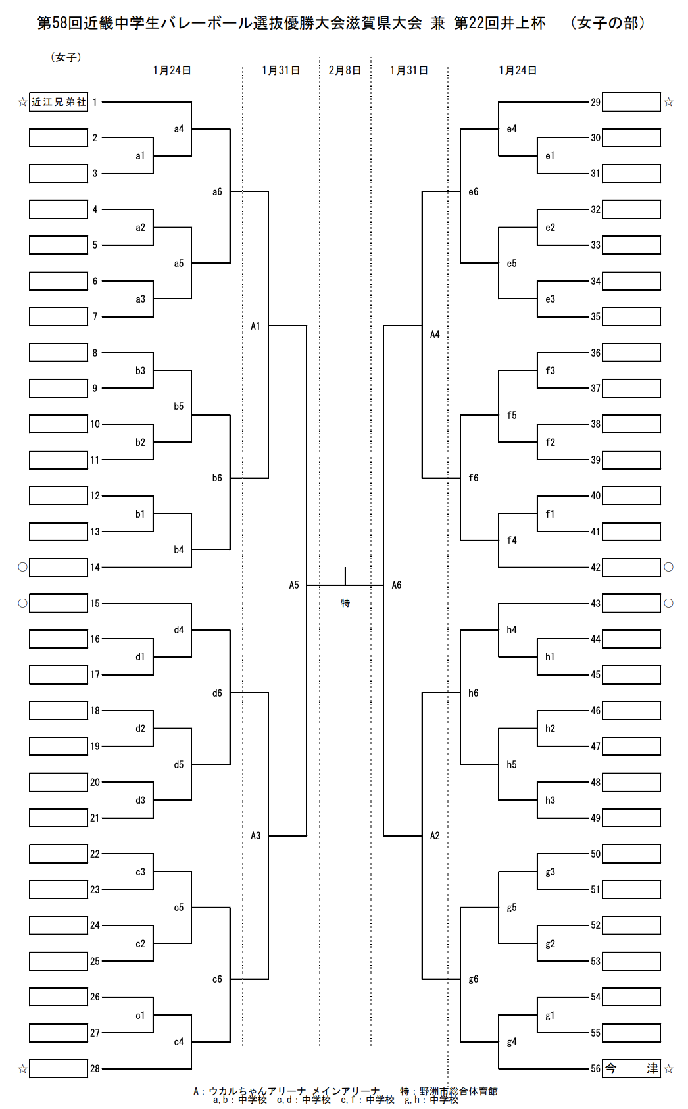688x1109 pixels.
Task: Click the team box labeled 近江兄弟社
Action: [x=59, y=102]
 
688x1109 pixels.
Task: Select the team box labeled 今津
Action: [x=631, y=1068]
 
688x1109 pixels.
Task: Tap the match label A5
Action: [x=294, y=585]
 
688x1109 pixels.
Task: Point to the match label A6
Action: [x=397, y=585]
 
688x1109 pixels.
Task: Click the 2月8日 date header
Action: [x=345, y=70]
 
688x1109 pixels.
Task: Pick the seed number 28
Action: [x=95, y=1068]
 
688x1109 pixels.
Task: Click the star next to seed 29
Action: [x=669, y=102]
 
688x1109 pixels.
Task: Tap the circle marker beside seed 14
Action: [x=22, y=567]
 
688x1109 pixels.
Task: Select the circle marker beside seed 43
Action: [x=669, y=603]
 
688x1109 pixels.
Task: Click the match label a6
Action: [x=217, y=192]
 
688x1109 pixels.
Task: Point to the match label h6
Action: [x=474, y=693]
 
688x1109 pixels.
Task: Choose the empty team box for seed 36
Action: [x=631, y=353]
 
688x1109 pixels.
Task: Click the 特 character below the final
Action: [x=345, y=603]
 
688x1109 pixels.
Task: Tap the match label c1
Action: [x=140, y=1015]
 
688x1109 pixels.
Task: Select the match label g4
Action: [x=512, y=1041]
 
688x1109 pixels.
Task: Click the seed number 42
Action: [x=595, y=567]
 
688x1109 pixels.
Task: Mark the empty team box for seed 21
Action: [x=59, y=818]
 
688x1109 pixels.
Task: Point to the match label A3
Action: [x=256, y=835]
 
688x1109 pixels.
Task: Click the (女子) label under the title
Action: [x=66, y=57]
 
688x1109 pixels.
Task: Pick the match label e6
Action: [x=474, y=192]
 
